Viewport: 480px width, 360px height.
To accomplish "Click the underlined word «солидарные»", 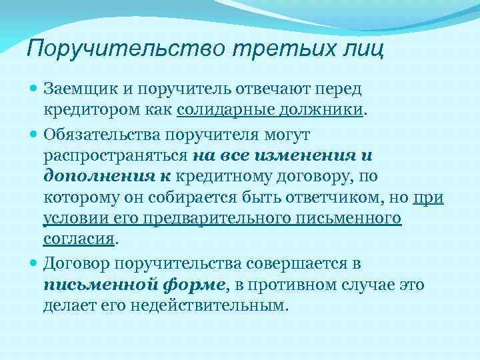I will tap(225, 109).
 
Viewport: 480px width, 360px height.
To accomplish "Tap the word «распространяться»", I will tap(116, 155).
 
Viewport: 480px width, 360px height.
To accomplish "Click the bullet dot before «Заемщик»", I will tap(35, 89).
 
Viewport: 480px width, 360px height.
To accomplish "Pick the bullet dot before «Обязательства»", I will tap(35, 135).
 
